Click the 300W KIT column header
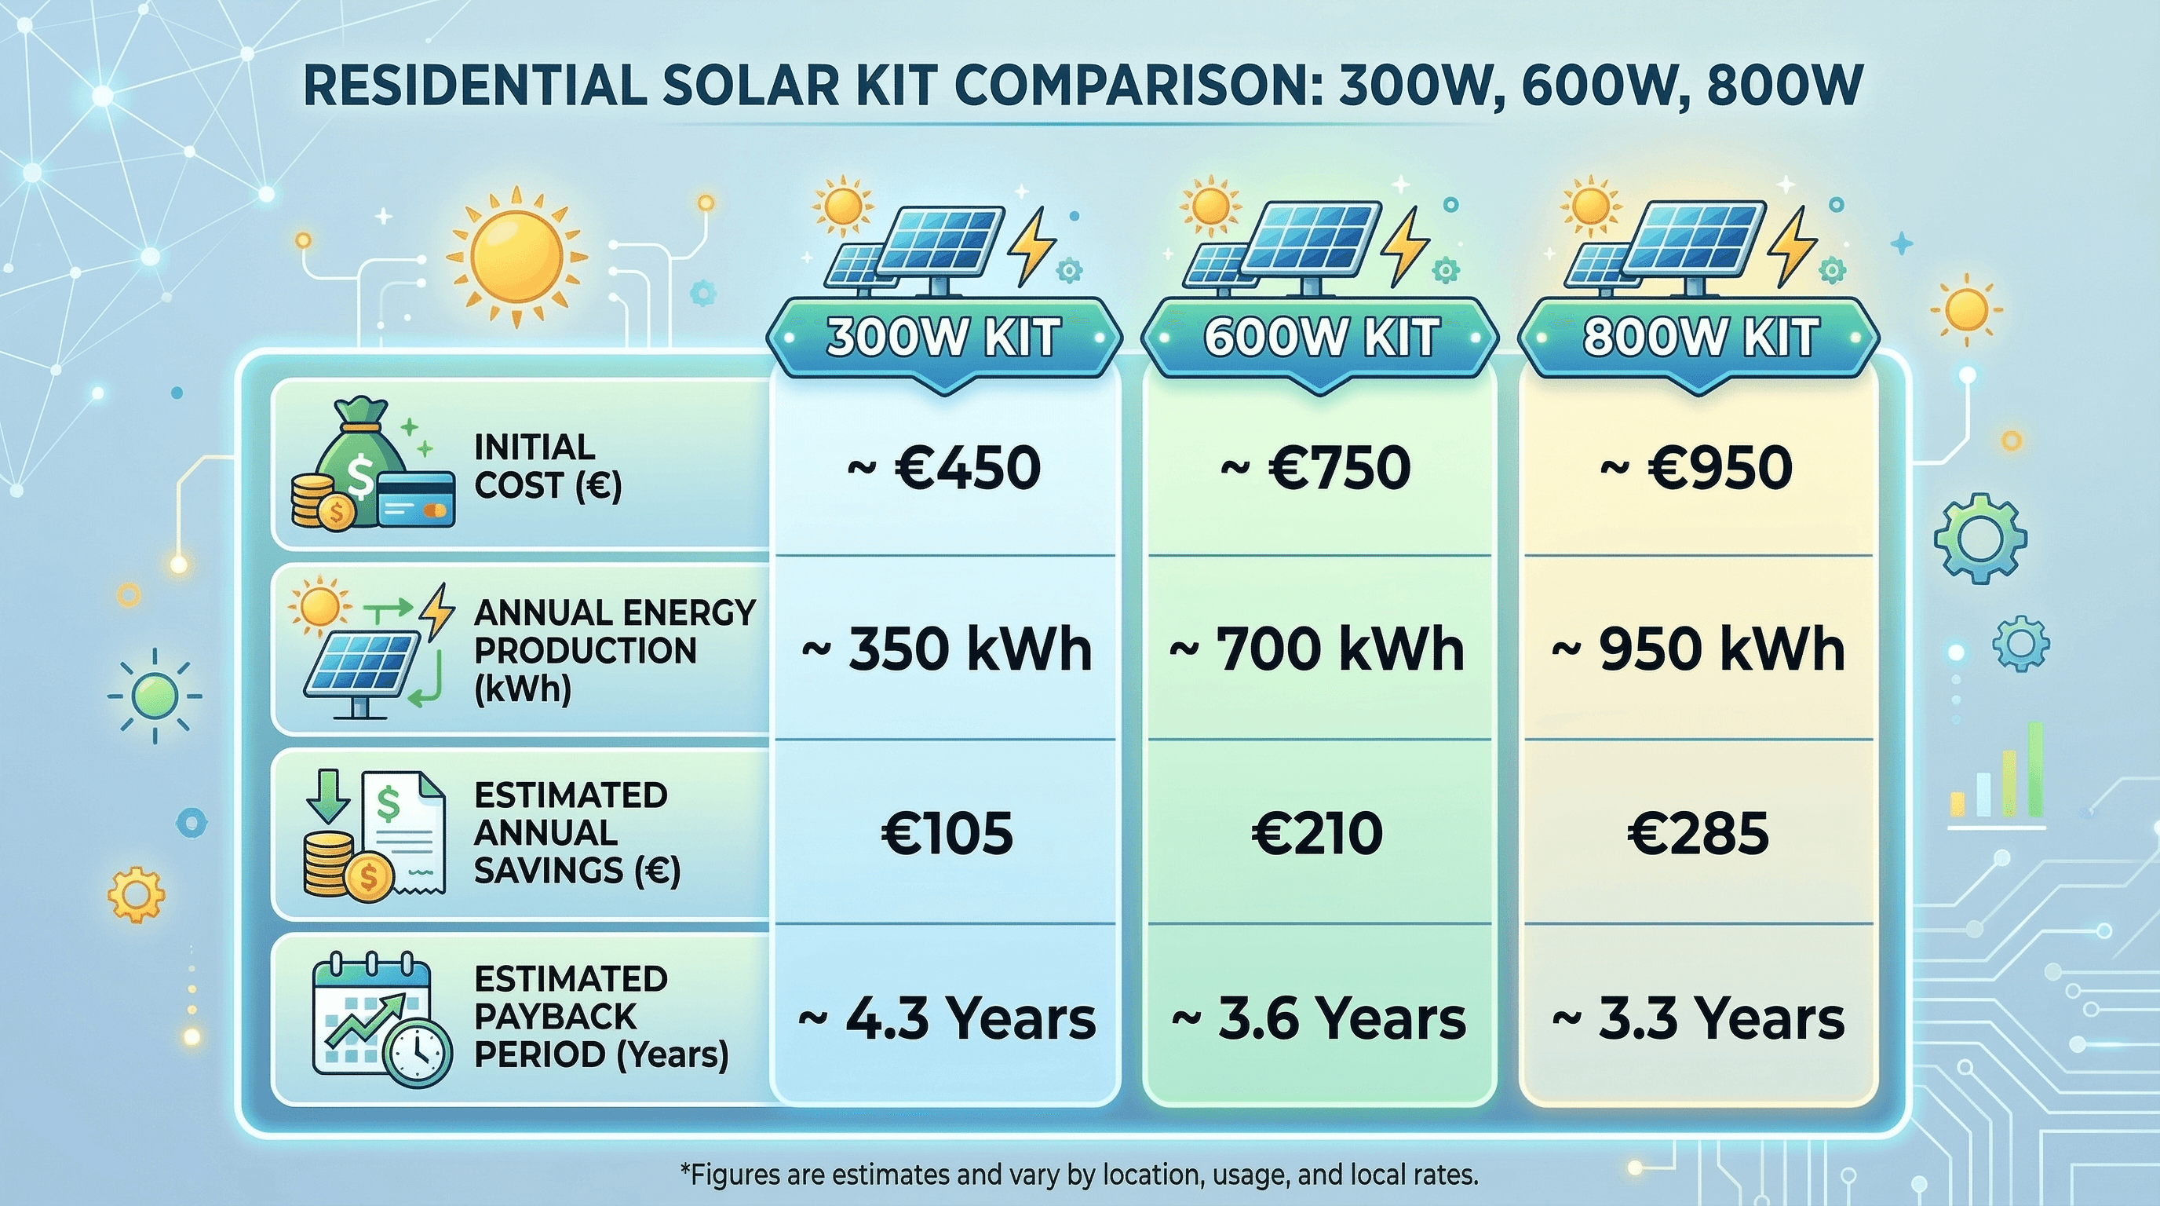click(943, 338)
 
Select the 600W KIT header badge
click(1320, 338)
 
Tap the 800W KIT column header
click(1698, 338)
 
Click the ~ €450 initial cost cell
click(943, 468)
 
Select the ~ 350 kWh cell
click(946, 650)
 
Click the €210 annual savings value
click(1316, 834)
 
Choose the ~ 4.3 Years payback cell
click(946, 1018)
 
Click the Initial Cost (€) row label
click(547, 466)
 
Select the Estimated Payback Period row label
click(600, 1017)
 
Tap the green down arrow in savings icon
click(328, 799)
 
